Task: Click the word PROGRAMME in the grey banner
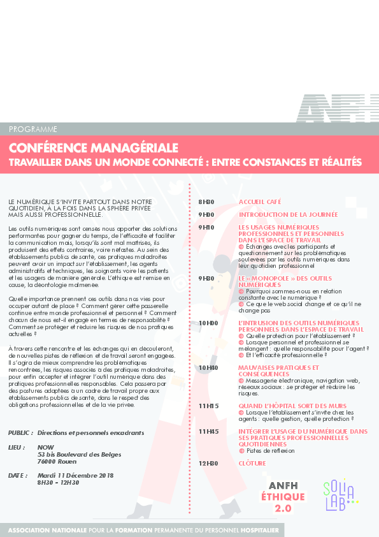33,129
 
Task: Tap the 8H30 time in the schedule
206,202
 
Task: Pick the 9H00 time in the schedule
206,215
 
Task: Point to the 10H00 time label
208,323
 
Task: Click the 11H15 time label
208,406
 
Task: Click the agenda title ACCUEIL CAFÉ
260,202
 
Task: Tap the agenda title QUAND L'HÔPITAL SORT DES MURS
292,406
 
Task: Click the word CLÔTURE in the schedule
252,463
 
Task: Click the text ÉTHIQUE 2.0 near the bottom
283,501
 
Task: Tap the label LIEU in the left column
17,448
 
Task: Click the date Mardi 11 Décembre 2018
75,475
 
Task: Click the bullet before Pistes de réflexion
241,451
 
